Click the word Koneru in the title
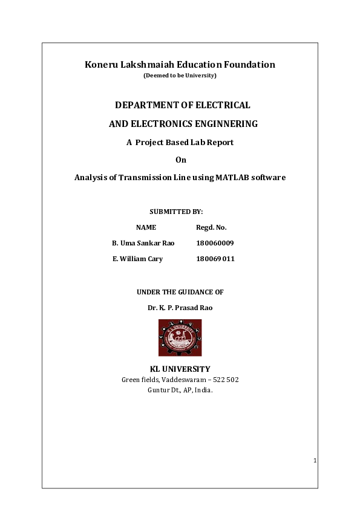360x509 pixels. pos(99,65)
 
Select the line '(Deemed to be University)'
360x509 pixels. pos(180,76)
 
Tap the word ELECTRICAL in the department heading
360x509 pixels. pos(223,105)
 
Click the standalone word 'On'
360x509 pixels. pos(180,160)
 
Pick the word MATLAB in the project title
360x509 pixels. pos(233,178)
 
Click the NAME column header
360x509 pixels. pos(146,227)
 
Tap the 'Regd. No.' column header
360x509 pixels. pos(211,227)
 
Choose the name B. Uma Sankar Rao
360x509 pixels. pos(143,243)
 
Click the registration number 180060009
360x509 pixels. pos(215,243)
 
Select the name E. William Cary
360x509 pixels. pos(137,259)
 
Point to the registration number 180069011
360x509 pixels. pos(215,259)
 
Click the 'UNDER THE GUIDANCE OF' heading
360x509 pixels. pos(180,292)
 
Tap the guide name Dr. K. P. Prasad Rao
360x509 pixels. pos(180,308)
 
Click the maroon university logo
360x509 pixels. pos(180,338)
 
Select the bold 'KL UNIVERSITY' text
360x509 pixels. pos(180,369)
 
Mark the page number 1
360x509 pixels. pos(315,461)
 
